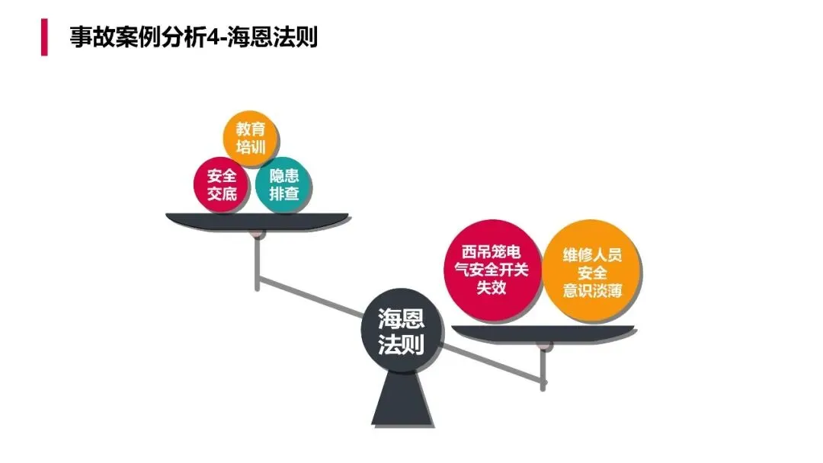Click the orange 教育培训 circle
tap(251, 139)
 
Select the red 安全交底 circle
tap(222, 184)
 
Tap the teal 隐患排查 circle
tap(283, 184)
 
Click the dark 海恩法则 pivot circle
tap(401, 332)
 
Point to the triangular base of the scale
tap(402, 400)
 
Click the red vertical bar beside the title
tap(44, 37)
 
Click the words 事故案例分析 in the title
tap(137, 37)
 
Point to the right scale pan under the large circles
tap(543, 333)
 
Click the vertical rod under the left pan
tap(258, 263)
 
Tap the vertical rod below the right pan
tap(543, 369)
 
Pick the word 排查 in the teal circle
tap(283, 193)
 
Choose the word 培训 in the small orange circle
tap(251, 148)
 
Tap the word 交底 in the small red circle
tap(222, 193)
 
